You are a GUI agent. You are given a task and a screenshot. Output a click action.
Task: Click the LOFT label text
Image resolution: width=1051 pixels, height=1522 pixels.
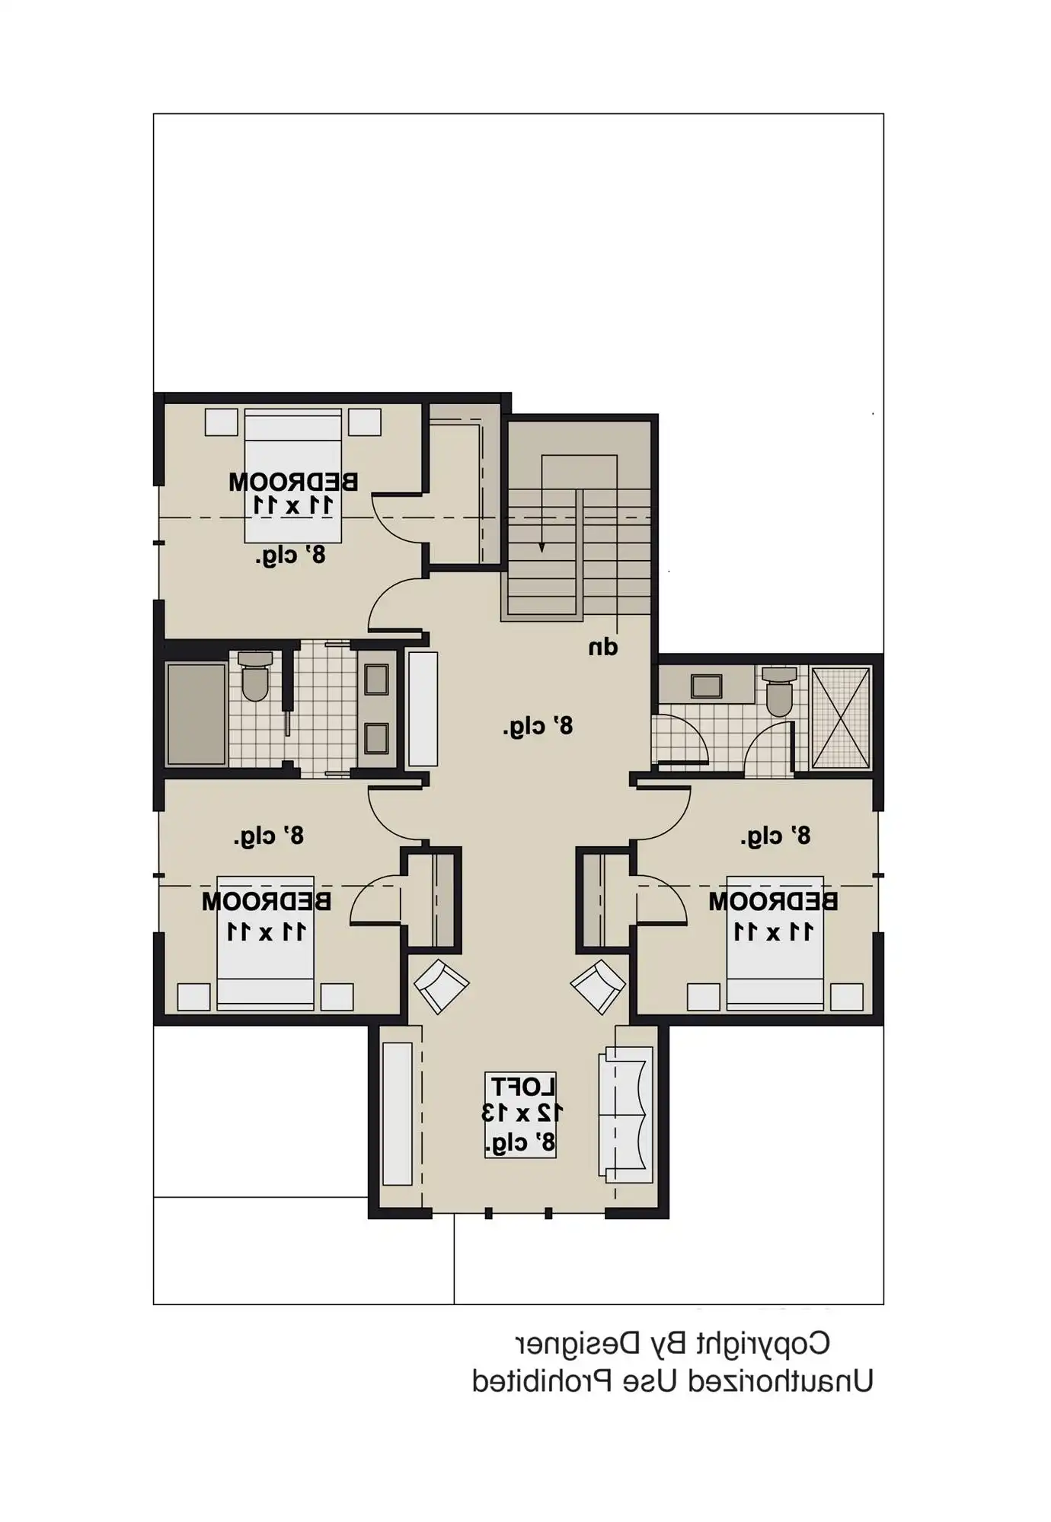[522, 1086]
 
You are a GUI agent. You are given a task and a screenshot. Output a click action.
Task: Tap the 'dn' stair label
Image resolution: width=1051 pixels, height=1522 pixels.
[603, 648]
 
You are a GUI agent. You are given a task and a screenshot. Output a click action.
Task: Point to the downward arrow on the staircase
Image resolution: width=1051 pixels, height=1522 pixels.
[541, 546]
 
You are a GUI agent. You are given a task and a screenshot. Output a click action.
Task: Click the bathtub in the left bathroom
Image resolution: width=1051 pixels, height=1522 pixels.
[196, 713]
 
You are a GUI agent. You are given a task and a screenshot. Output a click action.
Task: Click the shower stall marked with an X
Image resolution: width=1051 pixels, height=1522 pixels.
[841, 718]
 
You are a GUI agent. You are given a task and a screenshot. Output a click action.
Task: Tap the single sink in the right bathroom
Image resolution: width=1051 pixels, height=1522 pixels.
[706, 686]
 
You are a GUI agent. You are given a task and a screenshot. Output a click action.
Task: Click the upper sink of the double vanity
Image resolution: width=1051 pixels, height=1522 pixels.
[376, 679]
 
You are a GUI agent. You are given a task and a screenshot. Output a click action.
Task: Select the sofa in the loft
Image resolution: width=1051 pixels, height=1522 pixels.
[626, 1114]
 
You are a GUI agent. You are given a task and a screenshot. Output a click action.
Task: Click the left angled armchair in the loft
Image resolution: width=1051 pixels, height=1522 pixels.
[441, 986]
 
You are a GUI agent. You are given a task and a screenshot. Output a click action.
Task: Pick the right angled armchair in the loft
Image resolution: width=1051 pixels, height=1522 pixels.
[599, 986]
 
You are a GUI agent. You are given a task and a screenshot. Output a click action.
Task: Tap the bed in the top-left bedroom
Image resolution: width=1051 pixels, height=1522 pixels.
[292, 476]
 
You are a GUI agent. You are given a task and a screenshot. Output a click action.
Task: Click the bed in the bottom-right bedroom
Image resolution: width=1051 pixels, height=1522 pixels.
[775, 944]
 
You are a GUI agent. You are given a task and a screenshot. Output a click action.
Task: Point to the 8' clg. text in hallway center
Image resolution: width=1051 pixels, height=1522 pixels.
[538, 727]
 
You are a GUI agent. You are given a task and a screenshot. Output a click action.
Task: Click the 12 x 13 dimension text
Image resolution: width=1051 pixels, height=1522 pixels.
[522, 1112]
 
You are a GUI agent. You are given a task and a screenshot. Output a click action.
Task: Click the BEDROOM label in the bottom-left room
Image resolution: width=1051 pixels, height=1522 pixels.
[267, 902]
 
